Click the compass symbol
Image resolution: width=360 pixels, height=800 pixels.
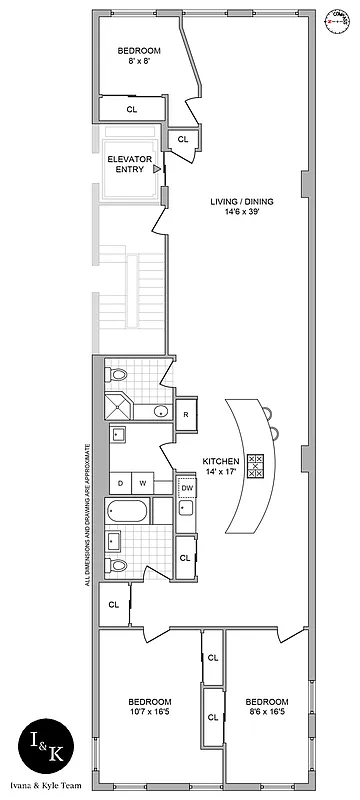pyautogui.click(x=338, y=20)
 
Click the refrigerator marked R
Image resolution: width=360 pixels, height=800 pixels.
pyautogui.click(x=188, y=414)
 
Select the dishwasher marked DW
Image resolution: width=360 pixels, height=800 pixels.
pyautogui.click(x=187, y=487)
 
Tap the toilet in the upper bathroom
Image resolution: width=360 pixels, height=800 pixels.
pyautogui.click(x=119, y=374)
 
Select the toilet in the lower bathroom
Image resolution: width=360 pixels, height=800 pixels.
pyautogui.click(x=118, y=566)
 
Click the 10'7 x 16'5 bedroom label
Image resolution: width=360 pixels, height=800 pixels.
pyautogui.click(x=149, y=706)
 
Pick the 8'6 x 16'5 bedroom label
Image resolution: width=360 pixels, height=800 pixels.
pyautogui.click(x=267, y=706)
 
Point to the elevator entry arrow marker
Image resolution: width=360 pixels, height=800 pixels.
pyautogui.click(x=157, y=168)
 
